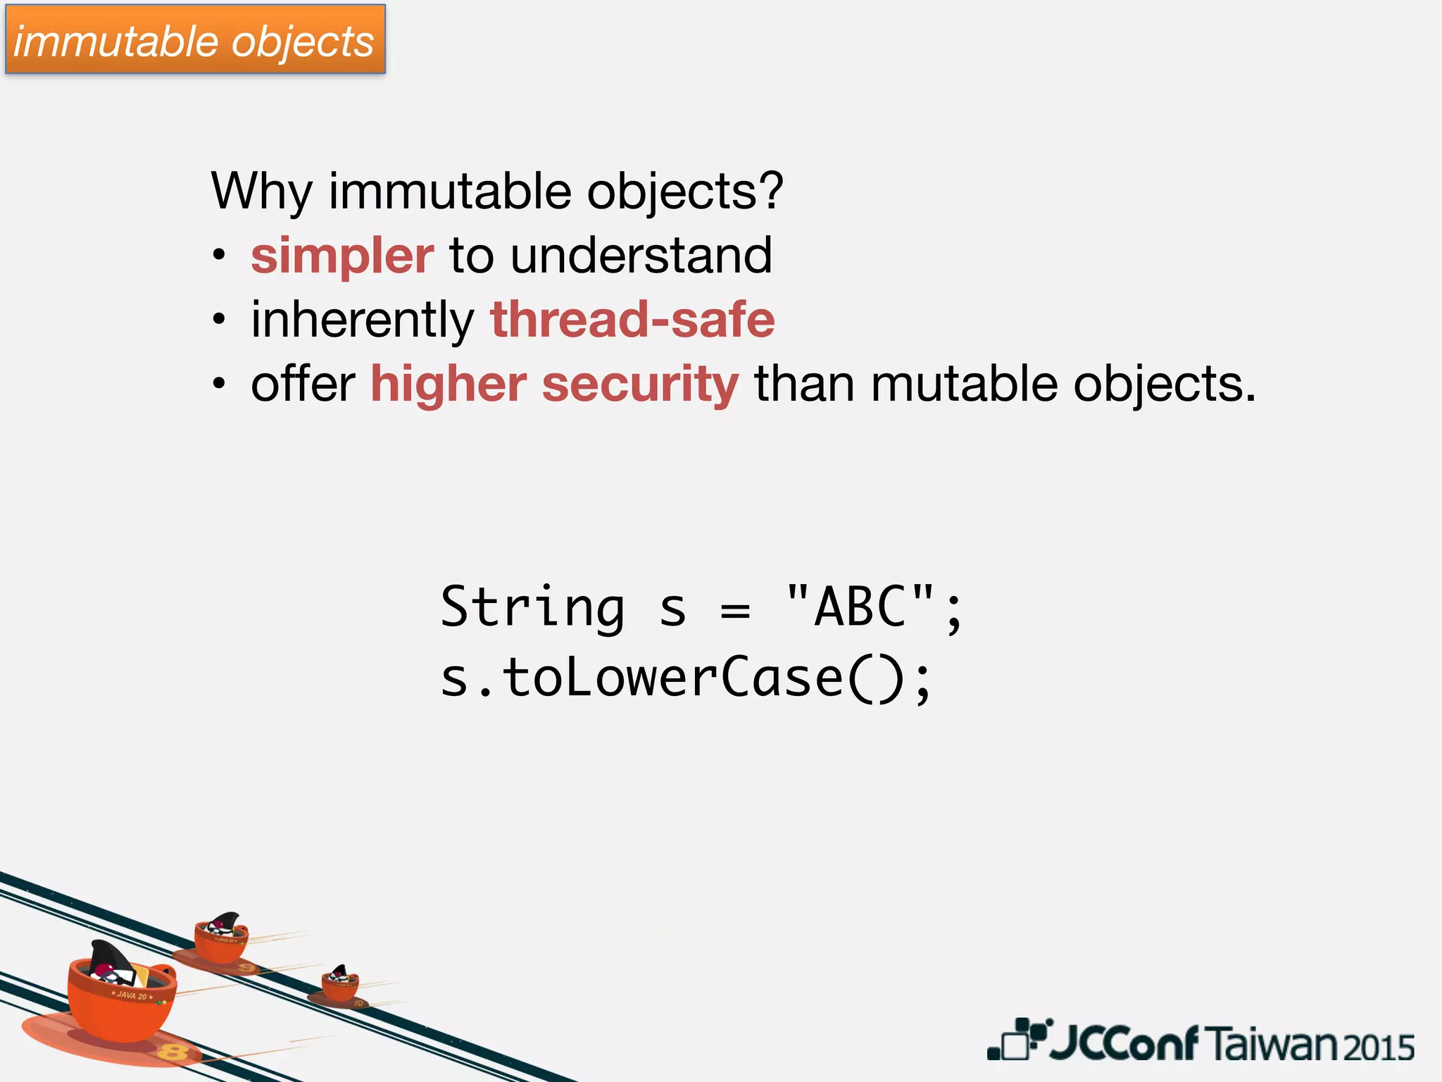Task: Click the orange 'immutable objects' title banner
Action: point(195,40)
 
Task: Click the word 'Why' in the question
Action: point(261,192)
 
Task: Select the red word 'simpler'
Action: point(342,256)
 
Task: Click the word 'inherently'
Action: point(363,321)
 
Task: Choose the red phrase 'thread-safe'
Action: point(632,319)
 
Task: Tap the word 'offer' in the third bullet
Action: point(303,384)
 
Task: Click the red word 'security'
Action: point(640,385)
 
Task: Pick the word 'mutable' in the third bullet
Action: point(964,384)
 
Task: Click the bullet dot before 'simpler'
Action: point(220,255)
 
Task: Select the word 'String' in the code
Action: point(532,607)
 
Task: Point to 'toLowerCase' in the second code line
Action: point(672,678)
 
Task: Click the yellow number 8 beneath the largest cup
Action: point(172,1052)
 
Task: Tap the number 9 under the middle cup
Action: point(246,968)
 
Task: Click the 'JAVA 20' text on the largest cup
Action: point(132,995)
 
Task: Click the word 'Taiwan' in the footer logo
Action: point(1272,1044)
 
